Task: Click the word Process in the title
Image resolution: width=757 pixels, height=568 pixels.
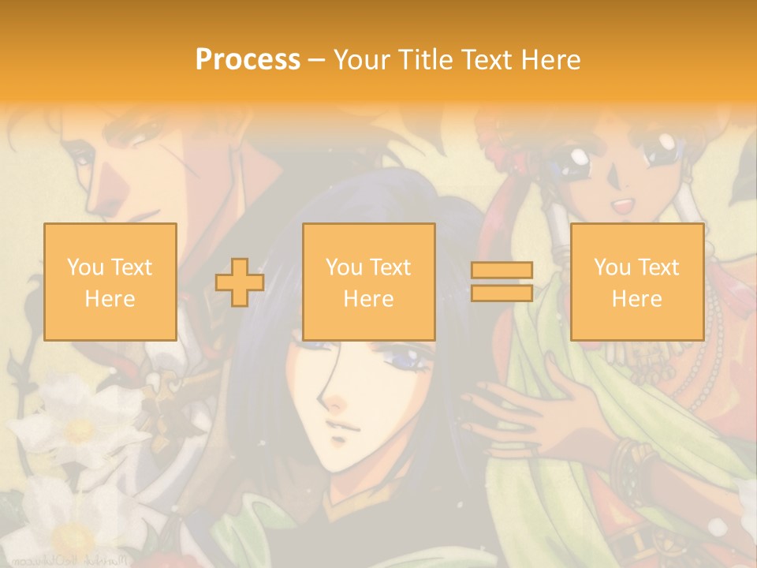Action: [248, 60]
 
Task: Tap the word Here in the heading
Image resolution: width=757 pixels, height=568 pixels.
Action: [550, 60]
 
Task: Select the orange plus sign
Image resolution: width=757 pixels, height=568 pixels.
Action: [240, 282]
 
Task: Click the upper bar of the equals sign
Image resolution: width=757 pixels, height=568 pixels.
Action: [502, 270]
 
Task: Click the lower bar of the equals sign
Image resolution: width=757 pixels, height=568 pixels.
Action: [502, 293]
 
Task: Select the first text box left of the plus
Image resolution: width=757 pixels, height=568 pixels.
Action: [110, 282]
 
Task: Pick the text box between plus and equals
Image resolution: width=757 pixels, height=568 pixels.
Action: [368, 282]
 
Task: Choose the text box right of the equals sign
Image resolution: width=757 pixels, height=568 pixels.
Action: [636, 282]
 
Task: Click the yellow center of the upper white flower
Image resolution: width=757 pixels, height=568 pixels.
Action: [79, 430]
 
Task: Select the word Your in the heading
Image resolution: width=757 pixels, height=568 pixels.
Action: [360, 60]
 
